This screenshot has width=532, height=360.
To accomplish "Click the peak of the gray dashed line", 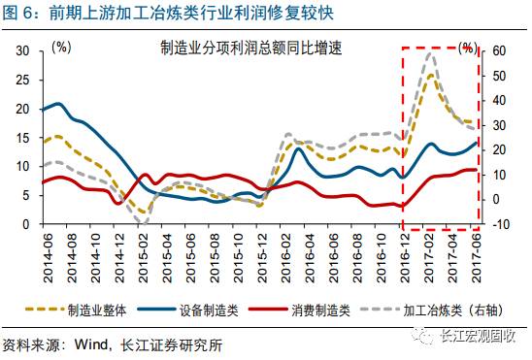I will pos(429,53).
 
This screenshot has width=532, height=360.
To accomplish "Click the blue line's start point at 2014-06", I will pos(41,110).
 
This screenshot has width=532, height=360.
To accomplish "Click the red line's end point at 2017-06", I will pos(476,170).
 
